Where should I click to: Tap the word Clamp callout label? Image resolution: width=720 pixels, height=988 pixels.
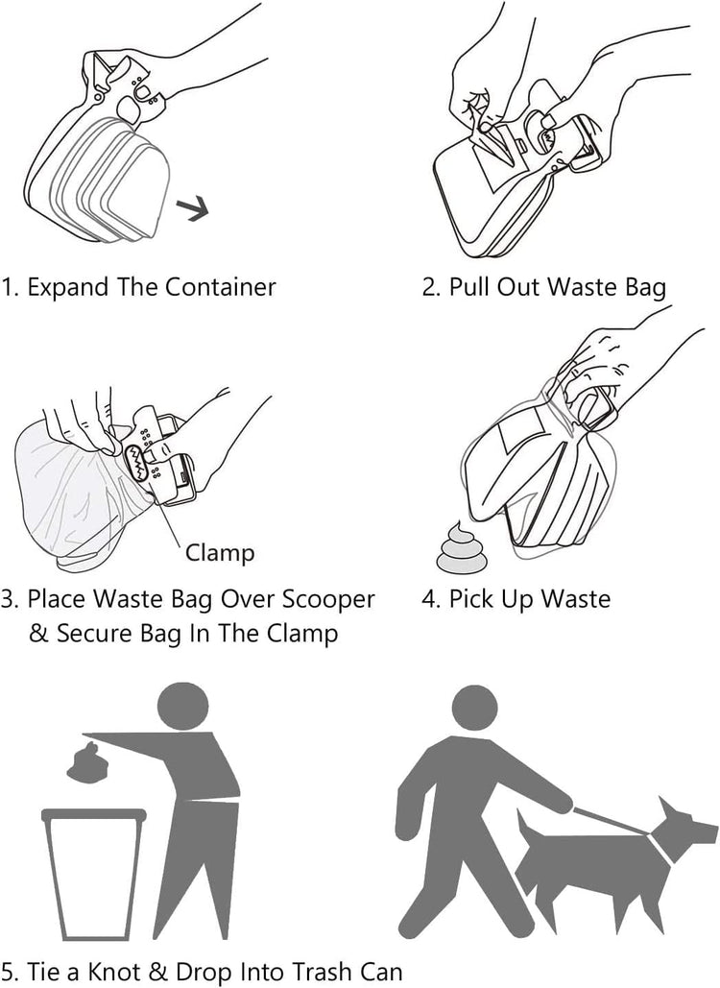tap(220, 552)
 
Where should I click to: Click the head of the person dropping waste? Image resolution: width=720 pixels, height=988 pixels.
tap(180, 706)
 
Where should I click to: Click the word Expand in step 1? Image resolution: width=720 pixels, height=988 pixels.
tap(66, 287)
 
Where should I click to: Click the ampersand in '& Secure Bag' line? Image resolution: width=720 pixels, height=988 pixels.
tap(39, 634)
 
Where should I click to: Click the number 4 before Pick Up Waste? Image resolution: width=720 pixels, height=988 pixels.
tap(429, 599)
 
